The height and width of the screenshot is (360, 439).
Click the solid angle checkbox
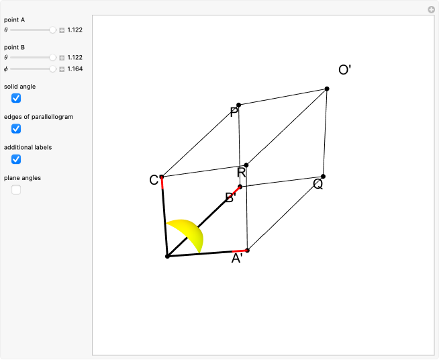[x=16, y=98]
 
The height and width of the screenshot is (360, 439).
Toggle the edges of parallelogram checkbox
[x=16, y=128]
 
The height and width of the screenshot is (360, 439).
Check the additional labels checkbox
[x=16, y=159]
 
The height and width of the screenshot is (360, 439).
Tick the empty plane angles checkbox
[x=16, y=189]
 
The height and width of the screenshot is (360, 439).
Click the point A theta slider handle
[x=52, y=30]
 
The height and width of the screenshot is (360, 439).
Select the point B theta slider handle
[x=52, y=58]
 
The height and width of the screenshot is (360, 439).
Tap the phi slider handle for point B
[x=52, y=69]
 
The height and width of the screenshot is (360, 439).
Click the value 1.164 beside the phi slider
[x=75, y=69]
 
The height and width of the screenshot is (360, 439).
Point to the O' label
[x=344, y=70]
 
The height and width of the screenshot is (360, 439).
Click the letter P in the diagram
[x=234, y=112]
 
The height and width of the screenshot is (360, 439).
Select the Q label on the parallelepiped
[x=318, y=184]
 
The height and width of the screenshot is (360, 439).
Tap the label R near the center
[x=242, y=173]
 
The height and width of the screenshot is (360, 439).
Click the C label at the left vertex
[x=154, y=180]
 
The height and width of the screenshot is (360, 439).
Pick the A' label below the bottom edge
[x=237, y=259]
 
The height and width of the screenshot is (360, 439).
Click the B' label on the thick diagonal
[x=231, y=197]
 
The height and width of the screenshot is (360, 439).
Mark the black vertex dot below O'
[x=327, y=89]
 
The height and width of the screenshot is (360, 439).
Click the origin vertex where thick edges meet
[x=167, y=257]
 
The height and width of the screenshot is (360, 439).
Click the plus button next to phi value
[x=62, y=69]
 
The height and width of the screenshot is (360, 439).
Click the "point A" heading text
[x=14, y=20]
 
